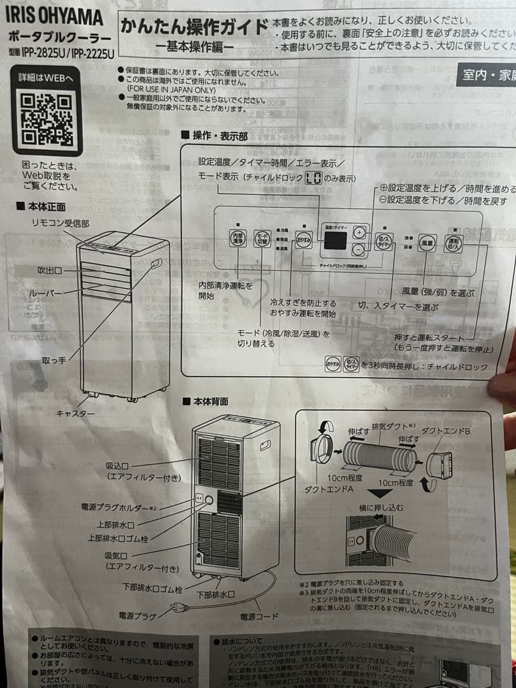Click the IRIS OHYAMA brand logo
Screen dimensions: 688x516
click(56, 17)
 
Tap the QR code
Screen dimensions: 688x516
click(47, 118)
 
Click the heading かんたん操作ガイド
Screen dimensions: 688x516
click(194, 27)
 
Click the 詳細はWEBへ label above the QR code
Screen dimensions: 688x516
click(47, 77)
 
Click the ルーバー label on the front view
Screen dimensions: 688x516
click(46, 293)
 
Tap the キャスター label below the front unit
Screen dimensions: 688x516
click(75, 414)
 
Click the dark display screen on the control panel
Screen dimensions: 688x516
click(335, 240)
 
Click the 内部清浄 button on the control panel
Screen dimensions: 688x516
click(237, 239)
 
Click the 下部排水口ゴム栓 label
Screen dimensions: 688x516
click(153, 585)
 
